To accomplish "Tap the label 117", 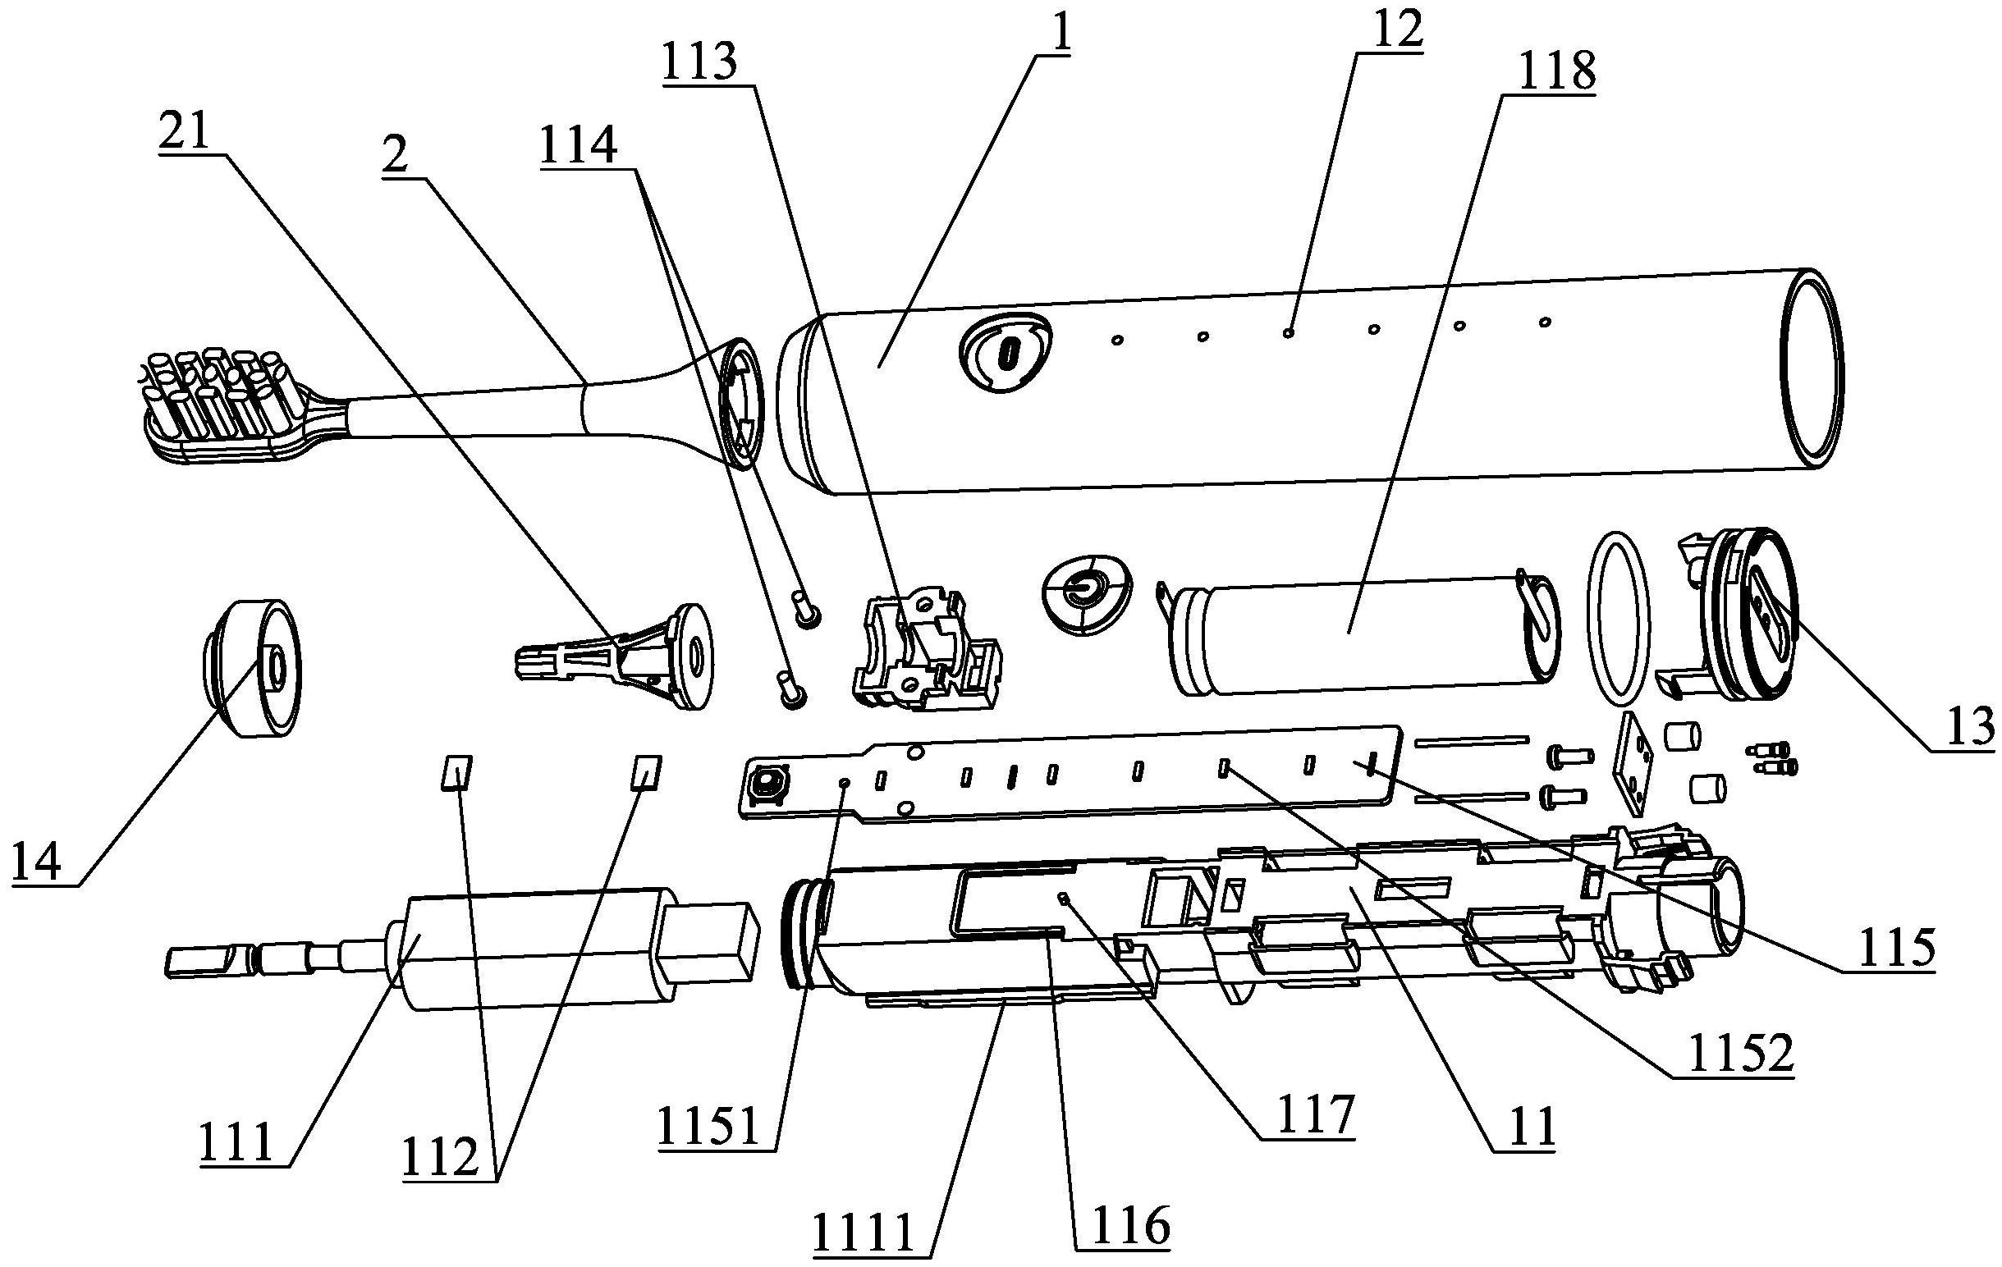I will [1306, 1115].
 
